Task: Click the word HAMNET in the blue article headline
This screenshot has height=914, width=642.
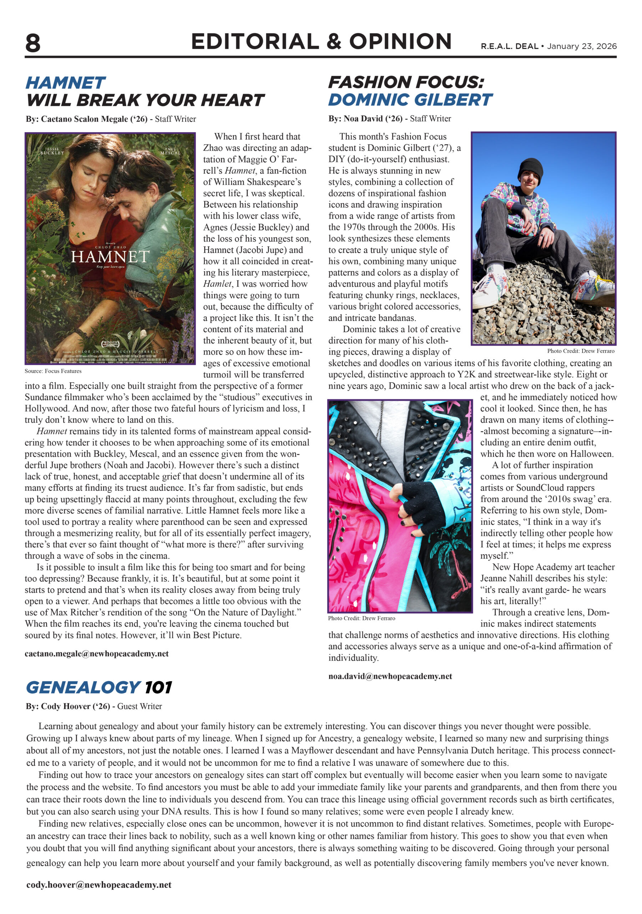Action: pos(66,83)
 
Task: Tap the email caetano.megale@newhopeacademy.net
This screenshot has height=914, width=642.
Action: pos(96,654)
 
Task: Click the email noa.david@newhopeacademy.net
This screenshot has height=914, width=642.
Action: pos(390,676)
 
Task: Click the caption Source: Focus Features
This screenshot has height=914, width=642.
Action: pos(53,371)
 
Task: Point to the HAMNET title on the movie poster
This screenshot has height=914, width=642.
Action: pos(110,257)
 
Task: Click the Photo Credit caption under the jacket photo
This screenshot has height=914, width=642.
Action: pos(362,618)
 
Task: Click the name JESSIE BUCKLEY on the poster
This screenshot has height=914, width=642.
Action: pos(52,151)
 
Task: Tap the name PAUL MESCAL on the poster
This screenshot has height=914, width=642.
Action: pos(170,151)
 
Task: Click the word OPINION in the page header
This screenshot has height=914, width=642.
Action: pos(400,42)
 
